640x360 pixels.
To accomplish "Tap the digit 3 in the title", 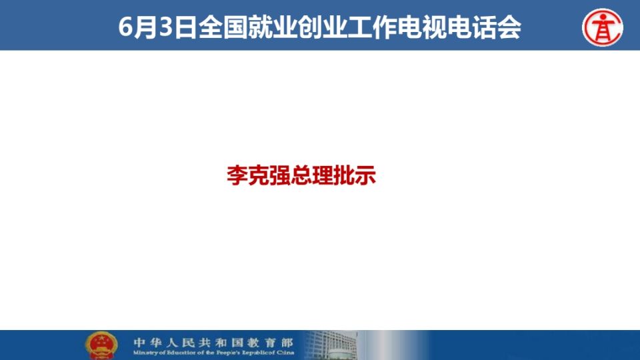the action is [165, 27].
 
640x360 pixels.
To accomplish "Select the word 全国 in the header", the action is [223, 27].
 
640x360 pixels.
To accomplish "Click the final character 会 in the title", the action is [509, 27].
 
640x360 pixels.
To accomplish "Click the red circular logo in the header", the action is [603, 27].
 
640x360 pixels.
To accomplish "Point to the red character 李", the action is [237, 175].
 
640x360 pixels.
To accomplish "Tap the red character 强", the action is [279, 175].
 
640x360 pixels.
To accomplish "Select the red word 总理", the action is [312, 175].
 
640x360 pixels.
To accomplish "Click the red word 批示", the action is [355, 175].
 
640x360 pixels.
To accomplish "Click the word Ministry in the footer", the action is [145, 353].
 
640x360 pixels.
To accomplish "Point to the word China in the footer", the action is [285, 353].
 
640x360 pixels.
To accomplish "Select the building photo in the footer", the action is [331, 345].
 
